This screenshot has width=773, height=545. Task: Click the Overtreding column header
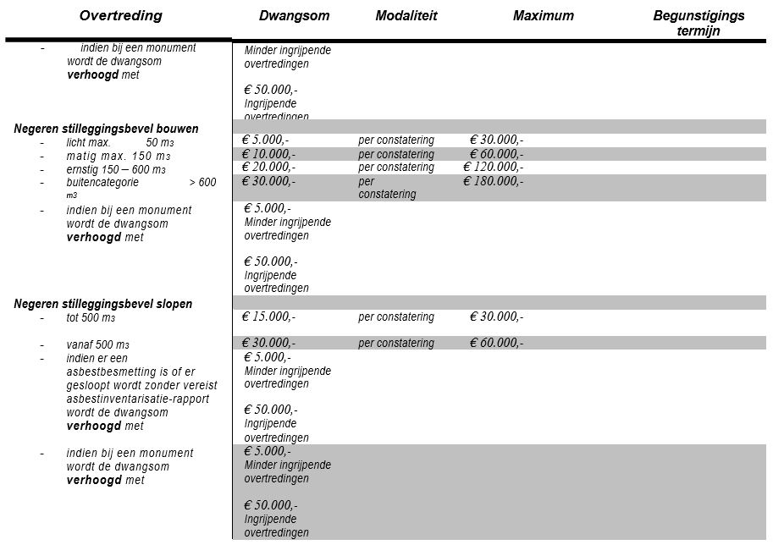pyautogui.click(x=120, y=16)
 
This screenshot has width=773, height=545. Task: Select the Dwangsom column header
pyautogui.click(x=294, y=16)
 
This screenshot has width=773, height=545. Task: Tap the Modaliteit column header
pyautogui.click(x=406, y=16)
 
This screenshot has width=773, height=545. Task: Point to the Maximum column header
pyautogui.click(x=544, y=16)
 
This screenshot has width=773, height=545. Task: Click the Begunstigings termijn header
pyautogui.click(x=698, y=24)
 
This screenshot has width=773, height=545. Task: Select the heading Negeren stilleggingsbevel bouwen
pyautogui.click(x=106, y=129)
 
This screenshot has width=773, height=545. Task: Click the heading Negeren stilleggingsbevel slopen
pyautogui.click(x=102, y=304)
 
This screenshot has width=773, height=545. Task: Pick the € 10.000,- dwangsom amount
pyautogui.click(x=268, y=154)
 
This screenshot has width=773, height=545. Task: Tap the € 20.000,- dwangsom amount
pyautogui.click(x=268, y=168)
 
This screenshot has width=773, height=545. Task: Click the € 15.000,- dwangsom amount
pyautogui.click(x=268, y=317)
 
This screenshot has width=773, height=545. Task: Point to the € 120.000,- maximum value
pyautogui.click(x=494, y=168)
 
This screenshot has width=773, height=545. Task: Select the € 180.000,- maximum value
pyautogui.click(x=494, y=181)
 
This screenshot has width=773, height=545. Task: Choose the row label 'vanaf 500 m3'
pyautogui.click(x=97, y=345)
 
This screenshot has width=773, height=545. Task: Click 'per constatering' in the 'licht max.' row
pyautogui.click(x=396, y=140)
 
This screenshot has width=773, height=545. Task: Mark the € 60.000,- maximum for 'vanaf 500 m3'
pyautogui.click(x=497, y=343)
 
